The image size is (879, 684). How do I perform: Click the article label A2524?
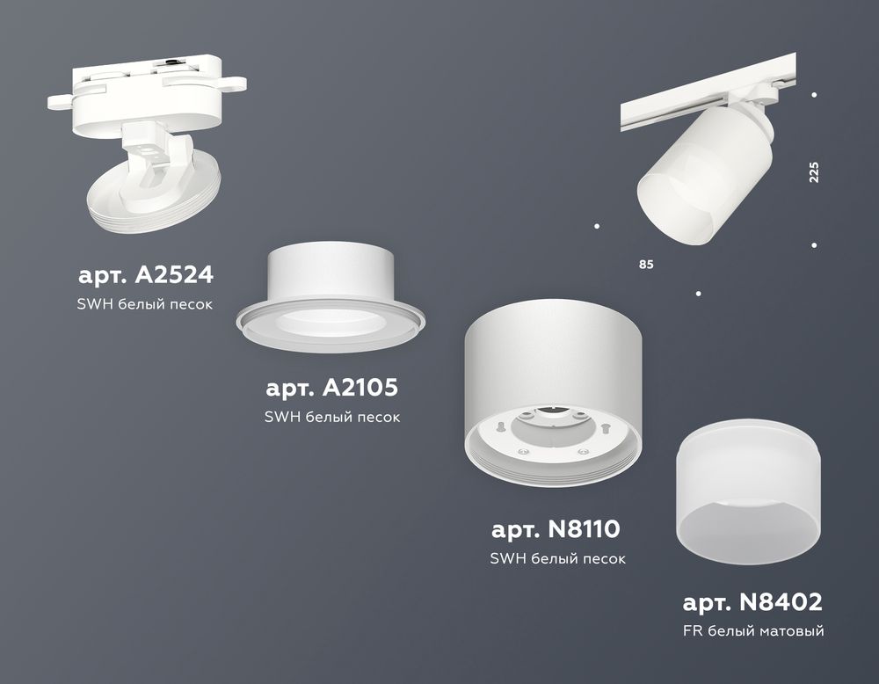145,275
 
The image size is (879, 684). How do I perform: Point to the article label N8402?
752,602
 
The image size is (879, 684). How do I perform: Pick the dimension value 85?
647,263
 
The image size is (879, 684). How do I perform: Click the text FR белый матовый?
752,631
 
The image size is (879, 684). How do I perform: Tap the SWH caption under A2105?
331,417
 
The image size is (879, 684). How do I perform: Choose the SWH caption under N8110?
557,558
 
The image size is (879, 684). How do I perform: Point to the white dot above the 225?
815,95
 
